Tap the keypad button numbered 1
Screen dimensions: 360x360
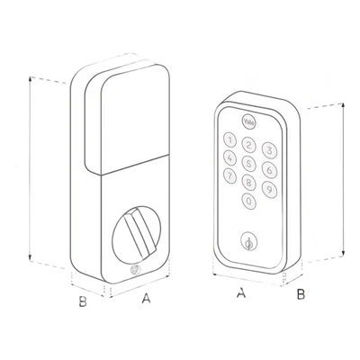(x=229, y=139)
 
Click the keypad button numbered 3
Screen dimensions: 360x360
(x=269, y=150)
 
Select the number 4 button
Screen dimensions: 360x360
(x=229, y=157)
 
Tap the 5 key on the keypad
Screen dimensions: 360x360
(x=249, y=164)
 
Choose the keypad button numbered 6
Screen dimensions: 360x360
(x=269, y=170)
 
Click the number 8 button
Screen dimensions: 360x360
(x=249, y=182)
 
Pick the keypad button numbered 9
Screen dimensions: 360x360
(x=269, y=189)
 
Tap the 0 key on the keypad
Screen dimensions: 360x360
(x=249, y=202)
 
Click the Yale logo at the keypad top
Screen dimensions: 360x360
(x=248, y=122)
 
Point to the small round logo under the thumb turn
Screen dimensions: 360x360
(x=135, y=270)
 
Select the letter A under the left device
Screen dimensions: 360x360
(x=146, y=299)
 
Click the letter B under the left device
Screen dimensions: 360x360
(x=83, y=301)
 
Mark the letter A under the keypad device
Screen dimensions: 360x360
(x=241, y=292)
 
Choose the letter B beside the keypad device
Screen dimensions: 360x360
(x=301, y=294)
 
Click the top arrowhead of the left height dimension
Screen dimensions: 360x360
(x=30, y=78)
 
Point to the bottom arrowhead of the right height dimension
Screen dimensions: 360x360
(x=343, y=255)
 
